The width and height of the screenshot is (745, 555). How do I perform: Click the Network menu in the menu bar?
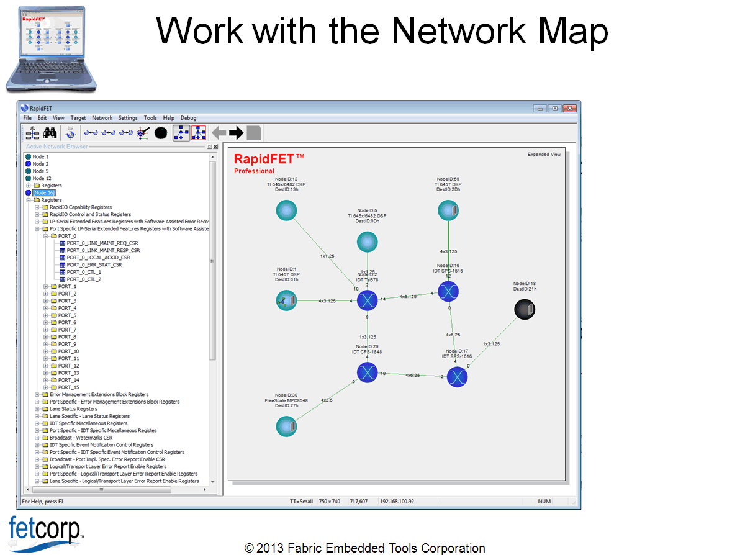102,118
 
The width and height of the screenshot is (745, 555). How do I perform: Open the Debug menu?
188,118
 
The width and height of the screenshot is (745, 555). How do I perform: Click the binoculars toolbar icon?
50,132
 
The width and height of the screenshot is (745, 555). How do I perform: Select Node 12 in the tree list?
42,178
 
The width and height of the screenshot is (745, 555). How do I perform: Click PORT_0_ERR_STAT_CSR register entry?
94,264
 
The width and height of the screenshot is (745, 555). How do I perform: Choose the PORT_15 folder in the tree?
68,387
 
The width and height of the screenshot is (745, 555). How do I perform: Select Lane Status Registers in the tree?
73,409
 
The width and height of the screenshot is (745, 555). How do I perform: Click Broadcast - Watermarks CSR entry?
81,438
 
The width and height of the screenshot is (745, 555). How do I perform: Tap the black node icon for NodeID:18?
525,309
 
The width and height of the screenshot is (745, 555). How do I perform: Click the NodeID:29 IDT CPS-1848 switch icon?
368,372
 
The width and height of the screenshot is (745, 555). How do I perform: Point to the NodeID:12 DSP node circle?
286,211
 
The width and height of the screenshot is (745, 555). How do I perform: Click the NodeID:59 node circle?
448,211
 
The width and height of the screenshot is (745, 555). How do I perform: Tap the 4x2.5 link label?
327,400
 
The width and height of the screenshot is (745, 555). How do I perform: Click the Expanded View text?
544,155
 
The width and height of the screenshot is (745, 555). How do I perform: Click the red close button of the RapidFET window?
569,108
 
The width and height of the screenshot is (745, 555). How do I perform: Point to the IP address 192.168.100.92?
397,502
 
